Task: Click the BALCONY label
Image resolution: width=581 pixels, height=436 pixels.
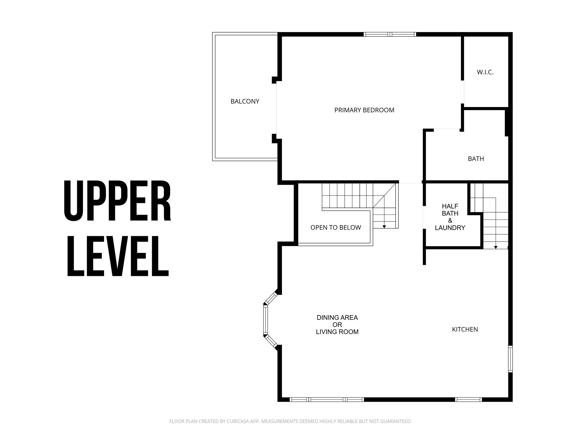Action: click(245, 102)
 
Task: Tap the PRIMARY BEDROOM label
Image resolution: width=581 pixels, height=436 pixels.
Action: click(364, 110)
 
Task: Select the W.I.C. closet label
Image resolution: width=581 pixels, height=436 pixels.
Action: click(485, 72)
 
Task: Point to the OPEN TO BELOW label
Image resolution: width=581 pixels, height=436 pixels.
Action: click(336, 228)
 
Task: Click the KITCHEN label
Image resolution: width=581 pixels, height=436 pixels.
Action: click(465, 330)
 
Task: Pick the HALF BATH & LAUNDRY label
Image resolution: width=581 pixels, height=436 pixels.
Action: click(450, 217)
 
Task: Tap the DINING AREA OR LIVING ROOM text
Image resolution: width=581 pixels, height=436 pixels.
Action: click(337, 325)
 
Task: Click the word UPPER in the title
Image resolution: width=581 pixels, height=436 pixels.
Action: click(117, 200)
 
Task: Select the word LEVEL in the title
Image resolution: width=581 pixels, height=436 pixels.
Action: click(118, 256)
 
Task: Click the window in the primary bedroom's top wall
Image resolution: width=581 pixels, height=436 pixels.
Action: click(390, 34)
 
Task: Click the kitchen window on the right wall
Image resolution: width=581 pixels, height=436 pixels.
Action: click(510, 359)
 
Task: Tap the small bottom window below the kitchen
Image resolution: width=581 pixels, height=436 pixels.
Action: click(468, 399)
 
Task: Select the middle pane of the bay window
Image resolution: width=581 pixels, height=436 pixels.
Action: click(266, 320)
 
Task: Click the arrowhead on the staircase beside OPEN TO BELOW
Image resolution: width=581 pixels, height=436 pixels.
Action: click(384, 227)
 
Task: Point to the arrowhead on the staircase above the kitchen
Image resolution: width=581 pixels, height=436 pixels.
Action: click(496, 248)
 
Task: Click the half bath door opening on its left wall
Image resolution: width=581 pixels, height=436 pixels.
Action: click(424, 217)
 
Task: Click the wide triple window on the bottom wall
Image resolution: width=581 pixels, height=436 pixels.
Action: click(327, 399)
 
